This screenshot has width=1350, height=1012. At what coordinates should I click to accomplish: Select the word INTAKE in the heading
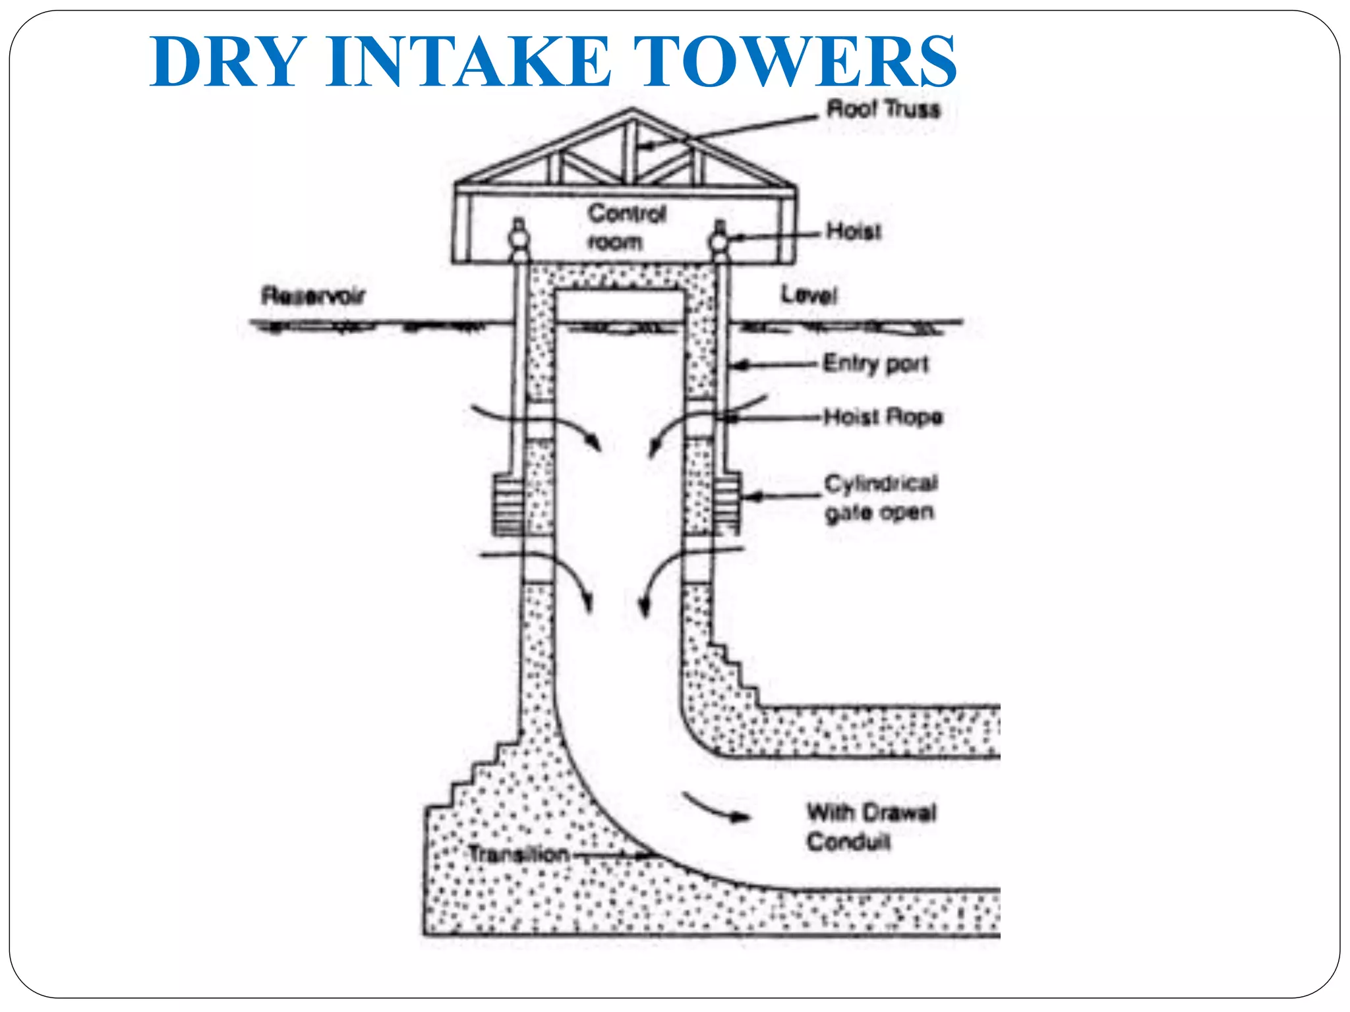(469, 62)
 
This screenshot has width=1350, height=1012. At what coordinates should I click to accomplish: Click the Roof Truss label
(883, 109)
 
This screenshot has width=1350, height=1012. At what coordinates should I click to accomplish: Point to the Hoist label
(854, 231)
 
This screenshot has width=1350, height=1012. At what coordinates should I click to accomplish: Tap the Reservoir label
(312, 296)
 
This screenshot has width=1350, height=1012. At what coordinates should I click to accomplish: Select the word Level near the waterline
(809, 295)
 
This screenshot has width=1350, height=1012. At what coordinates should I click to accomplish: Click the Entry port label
(876, 363)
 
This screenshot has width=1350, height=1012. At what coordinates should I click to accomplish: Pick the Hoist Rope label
(883, 416)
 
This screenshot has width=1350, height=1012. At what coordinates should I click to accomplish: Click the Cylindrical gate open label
(881, 497)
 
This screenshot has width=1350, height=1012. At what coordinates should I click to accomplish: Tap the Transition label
(519, 855)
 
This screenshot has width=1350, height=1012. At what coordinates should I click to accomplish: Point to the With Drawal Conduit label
(870, 826)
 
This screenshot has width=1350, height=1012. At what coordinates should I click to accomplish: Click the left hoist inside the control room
(519, 239)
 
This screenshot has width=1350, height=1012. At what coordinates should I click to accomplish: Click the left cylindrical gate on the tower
(508, 504)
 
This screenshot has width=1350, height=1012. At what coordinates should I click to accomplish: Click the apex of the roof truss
(632, 112)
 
